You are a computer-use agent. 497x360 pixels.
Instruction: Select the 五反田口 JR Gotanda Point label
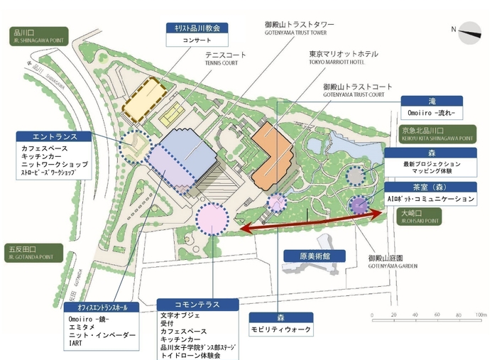[x=31, y=252]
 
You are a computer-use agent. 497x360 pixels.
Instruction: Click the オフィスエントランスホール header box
[x=97, y=307]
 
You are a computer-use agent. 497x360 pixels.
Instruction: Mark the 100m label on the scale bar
[x=481, y=313]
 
